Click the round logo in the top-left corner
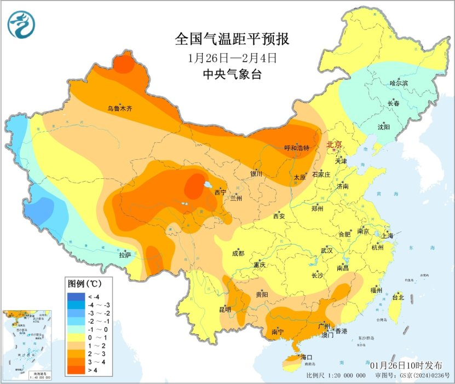pyautogui.click(x=21, y=25)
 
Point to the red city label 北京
pyautogui.click(x=334, y=145)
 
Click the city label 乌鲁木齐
pyautogui.click(x=119, y=108)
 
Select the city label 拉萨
pyautogui.click(x=125, y=254)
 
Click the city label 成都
pyautogui.click(x=238, y=253)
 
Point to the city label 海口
pyautogui.click(x=307, y=357)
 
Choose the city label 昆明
pyautogui.click(x=225, y=309)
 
